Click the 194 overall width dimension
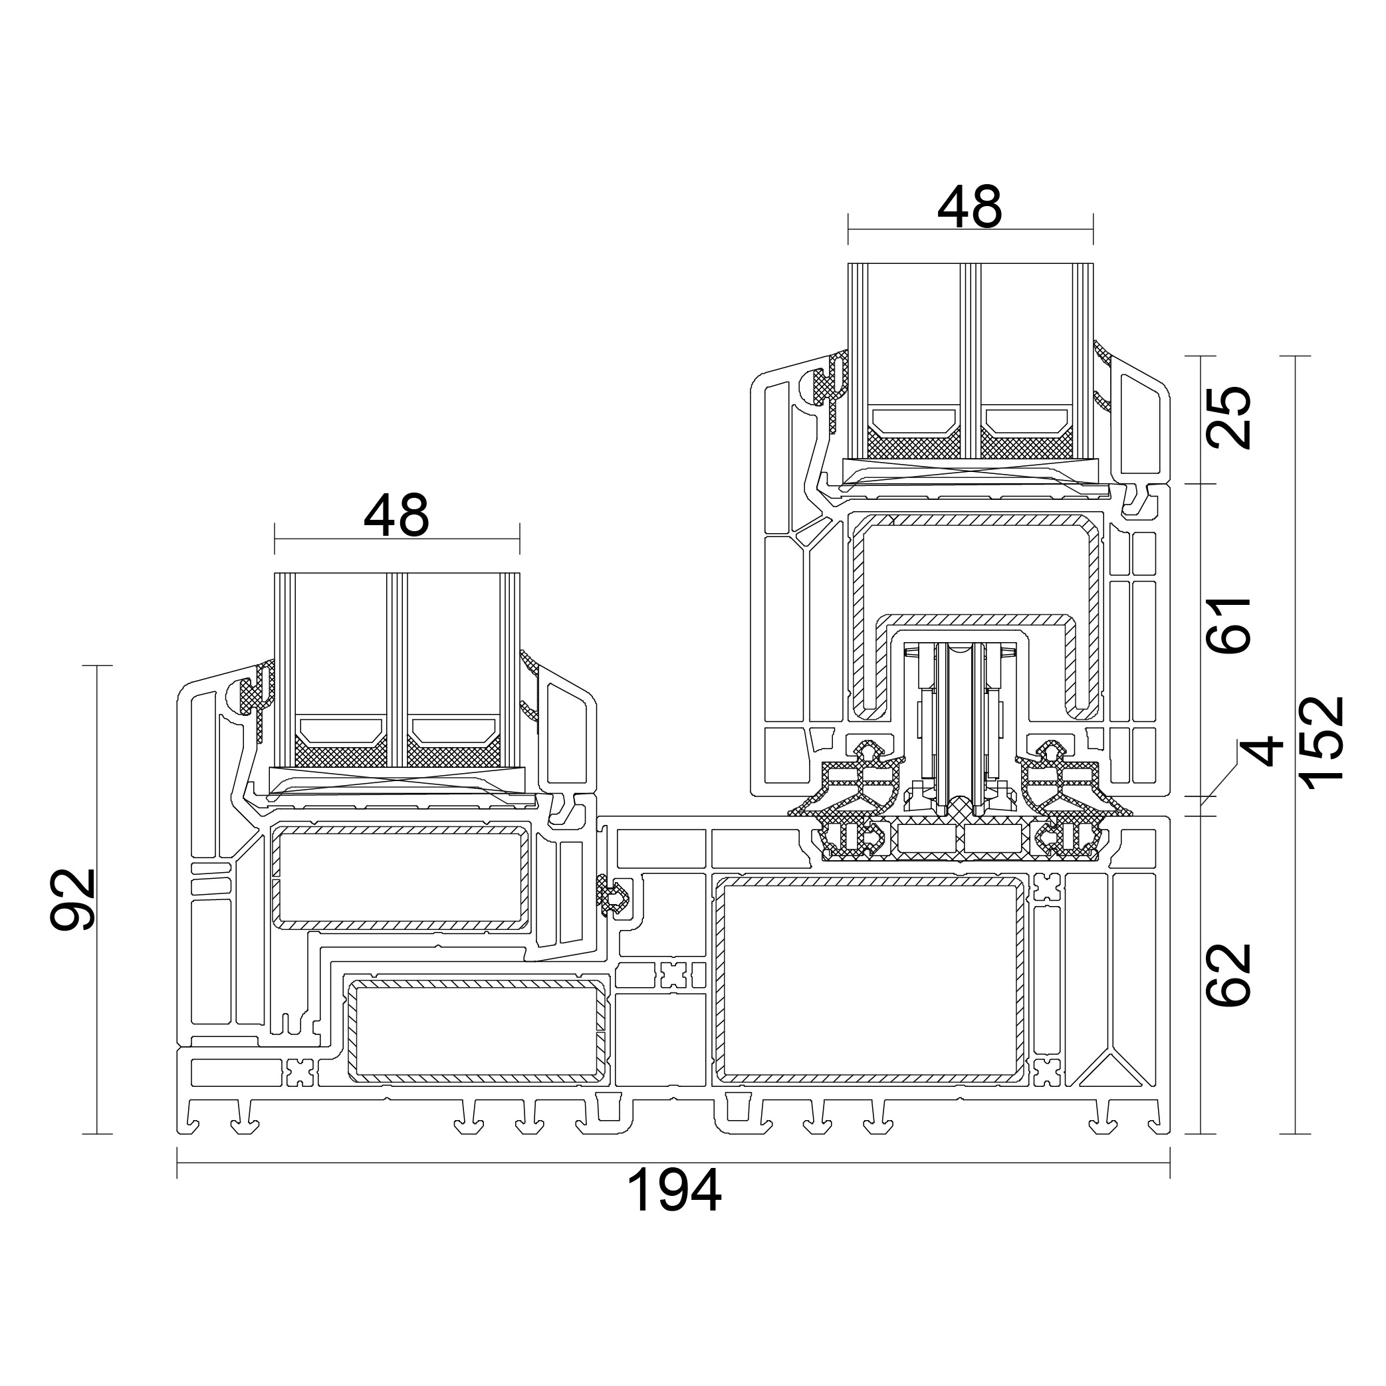point(673,1190)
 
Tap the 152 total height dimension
point(1320,743)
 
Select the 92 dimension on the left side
point(73,899)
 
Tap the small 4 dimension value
point(1260,751)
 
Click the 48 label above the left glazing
point(396,516)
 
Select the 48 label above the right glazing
point(969,207)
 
